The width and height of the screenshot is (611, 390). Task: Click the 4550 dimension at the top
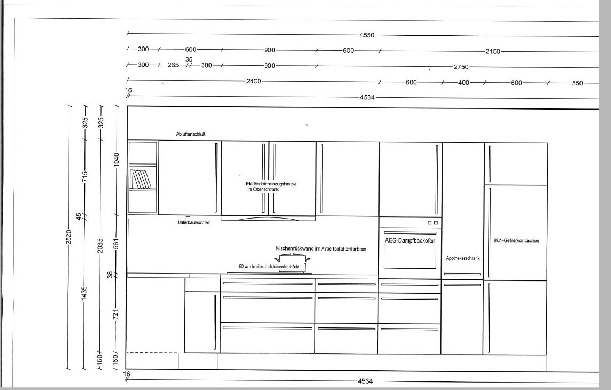(x=367, y=35)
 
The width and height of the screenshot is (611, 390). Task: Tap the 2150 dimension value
(x=492, y=51)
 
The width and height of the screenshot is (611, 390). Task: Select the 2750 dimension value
(x=461, y=67)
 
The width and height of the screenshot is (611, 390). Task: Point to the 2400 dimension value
(x=254, y=81)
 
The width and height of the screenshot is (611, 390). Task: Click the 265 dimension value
(x=173, y=65)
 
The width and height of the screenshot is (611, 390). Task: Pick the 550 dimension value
(x=577, y=83)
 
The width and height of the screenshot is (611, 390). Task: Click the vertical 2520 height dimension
(x=69, y=237)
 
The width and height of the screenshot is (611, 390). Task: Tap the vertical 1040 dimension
(x=117, y=160)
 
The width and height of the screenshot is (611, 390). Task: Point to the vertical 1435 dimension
(x=84, y=294)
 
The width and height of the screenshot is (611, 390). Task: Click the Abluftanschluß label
(x=191, y=134)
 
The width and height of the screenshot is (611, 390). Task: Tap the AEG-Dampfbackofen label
(x=410, y=241)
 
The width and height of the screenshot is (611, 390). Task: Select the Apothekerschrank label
(x=463, y=258)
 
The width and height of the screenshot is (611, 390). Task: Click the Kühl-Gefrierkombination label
(x=517, y=241)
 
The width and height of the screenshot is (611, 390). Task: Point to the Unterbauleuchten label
(x=194, y=222)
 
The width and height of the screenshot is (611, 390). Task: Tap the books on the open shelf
(x=140, y=179)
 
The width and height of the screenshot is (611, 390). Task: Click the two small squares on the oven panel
(x=432, y=223)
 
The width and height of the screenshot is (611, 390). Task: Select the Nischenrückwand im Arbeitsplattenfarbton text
(x=321, y=248)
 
